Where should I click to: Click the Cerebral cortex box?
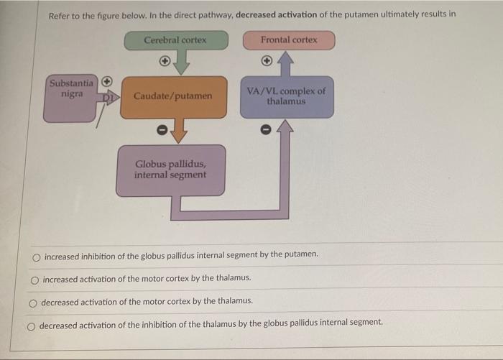pyautogui.click(x=175, y=40)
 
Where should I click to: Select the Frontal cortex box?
pyautogui.click(x=288, y=40)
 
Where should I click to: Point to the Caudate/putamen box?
pyautogui.click(x=172, y=96)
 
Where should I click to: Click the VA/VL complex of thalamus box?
pyautogui.click(x=286, y=97)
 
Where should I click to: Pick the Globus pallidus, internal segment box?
pyautogui.click(x=170, y=170)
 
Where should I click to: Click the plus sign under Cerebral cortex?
pyautogui.click(x=165, y=62)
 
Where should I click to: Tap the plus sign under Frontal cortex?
pyautogui.click(x=266, y=61)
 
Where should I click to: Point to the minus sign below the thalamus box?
pyautogui.click(x=265, y=130)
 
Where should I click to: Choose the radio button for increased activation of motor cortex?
pyautogui.click(x=34, y=278)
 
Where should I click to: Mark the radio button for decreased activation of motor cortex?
pyautogui.click(x=33, y=302)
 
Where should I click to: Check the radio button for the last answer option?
pyautogui.click(x=32, y=325)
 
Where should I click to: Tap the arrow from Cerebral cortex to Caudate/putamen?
pyautogui.click(x=183, y=63)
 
